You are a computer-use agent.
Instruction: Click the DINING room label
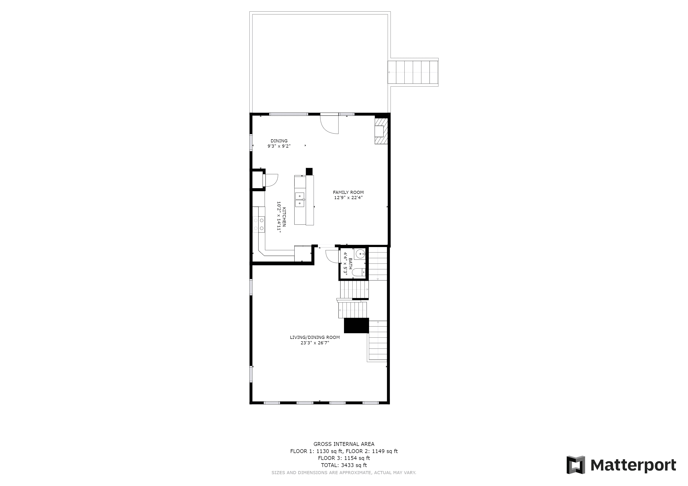tap(279, 141)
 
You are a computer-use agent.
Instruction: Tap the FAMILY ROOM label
tap(348, 192)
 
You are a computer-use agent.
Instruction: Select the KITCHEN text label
tap(284, 217)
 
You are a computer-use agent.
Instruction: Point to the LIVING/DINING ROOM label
tap(315, 337)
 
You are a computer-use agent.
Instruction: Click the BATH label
tap(350, 264)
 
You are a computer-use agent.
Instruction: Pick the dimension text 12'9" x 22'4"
tap(348, 197)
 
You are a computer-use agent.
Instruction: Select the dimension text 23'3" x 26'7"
tap(315, 343)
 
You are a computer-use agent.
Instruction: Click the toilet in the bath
tap(359, 272)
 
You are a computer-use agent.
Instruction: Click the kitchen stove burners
tap(259, 224)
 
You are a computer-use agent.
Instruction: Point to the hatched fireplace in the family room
tap(381, 131)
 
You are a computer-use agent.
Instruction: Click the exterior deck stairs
tap(413, 72)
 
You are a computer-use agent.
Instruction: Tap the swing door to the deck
tap(329, 124)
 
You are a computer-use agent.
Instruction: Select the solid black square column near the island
tap(309, 172)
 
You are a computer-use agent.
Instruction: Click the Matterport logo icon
tap(576, 465)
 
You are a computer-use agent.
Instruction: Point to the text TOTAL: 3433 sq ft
tap(344, 465)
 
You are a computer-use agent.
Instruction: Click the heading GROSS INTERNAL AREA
tap(344, 444)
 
